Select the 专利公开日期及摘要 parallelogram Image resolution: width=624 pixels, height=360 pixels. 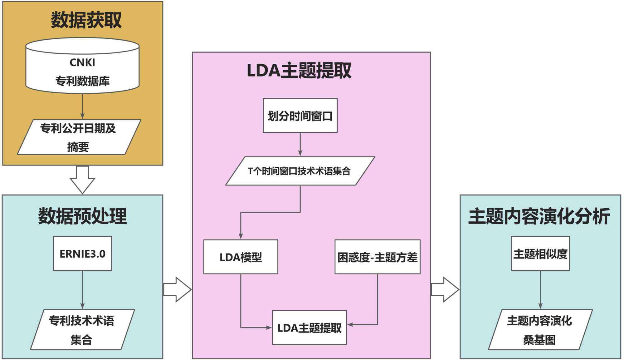click(79, 137)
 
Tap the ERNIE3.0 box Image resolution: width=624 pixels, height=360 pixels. click(82, 253)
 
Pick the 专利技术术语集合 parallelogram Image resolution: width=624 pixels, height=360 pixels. click(82, 329)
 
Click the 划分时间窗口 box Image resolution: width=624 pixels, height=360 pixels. click(300, 116)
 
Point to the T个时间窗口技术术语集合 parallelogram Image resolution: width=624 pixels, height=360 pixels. click(300, 171)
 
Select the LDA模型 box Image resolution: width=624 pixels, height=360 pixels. click(241, 257)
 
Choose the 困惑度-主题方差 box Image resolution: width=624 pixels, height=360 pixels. click(377, 257)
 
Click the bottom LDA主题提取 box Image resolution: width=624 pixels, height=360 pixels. click(309, 328)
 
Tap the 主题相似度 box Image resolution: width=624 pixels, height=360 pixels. click(540, 253)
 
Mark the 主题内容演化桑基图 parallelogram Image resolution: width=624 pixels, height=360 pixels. click(540, 329)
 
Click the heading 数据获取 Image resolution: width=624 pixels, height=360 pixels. click(86, 20)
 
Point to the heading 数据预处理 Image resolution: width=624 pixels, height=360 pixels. click(82, 216)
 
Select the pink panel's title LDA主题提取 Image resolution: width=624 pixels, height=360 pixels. click(299, 71)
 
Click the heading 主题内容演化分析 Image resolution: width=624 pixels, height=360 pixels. click(539, 216)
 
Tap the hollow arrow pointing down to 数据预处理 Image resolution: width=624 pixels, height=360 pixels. click(82, 180)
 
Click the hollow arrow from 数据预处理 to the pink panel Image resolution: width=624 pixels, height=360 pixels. click(177, 289)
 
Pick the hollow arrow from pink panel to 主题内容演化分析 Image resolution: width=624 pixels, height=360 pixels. click(445, 289)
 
